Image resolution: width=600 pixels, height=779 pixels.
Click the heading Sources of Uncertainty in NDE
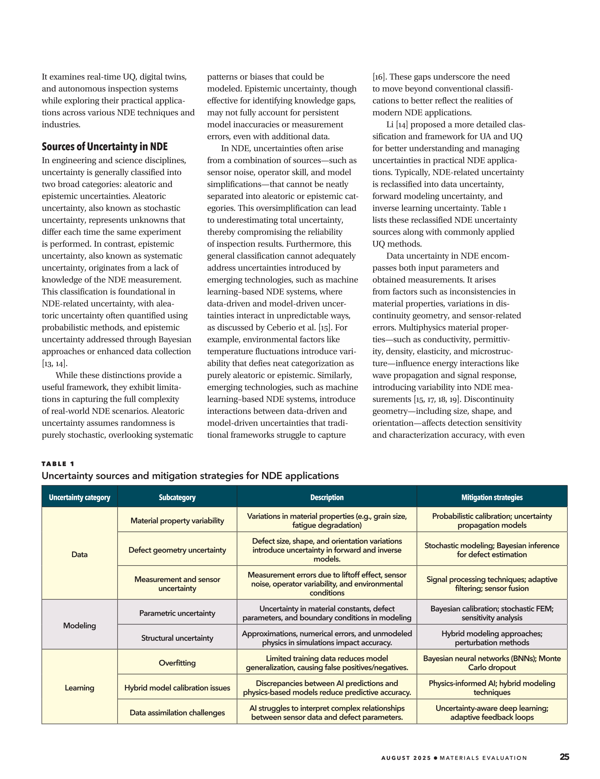pyautogui.click(x=104, y=147)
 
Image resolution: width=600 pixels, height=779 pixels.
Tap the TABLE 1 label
pyautogui.click(x=58, y=464)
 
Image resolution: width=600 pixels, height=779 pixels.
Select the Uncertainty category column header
pyautogui.click(x=80, y=497)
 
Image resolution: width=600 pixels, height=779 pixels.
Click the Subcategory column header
pyautogui.click(x=177, y=497)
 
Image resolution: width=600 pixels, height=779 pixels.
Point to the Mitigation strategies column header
pyautogui.click(x=491, y=497)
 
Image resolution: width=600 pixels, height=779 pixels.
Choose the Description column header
pyautogui.click(x=327, y=497)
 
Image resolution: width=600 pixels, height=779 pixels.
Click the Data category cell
pyautogui.click(x=80, y=554)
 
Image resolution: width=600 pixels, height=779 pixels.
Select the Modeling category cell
pyautogui.click(x=80, y=625)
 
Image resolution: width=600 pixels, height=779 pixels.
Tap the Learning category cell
pyautogui.click(x=80, y=688)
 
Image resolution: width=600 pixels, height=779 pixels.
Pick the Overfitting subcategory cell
pyautogui.click(x=177, y=663)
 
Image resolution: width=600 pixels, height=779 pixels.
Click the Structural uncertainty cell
pyautogui.click(x=177, y=638)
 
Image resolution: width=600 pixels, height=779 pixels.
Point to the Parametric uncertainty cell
pyautogui.click(x=177, y=613)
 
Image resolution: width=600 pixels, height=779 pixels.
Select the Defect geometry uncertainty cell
pyautogui.click(x=177, y=550)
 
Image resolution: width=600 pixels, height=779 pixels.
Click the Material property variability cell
pyautogui.click(x=177, y=521)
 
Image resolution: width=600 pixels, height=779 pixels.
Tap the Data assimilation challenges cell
pyautogui.click(x=177, y=713)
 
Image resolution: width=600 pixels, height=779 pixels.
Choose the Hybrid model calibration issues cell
pyautogui.click(x=177, y=688)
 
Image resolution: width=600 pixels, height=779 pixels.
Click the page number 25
pyautogui.click(x=564, y=757)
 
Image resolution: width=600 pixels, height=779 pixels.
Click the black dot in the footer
pyautogui.click(x=435, y=758)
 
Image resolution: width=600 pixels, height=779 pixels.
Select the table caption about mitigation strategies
pyautogui.click(x=190, y=476)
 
